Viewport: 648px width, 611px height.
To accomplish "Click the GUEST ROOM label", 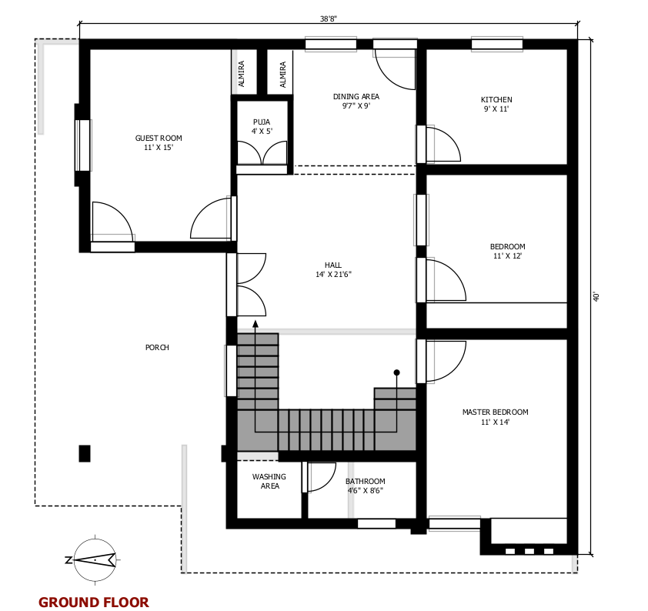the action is click(159, 138).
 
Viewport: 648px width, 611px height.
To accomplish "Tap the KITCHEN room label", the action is click(496, 99).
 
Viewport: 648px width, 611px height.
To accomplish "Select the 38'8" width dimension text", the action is click(329, 18).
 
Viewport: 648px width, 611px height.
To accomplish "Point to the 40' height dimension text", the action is click(596, 296).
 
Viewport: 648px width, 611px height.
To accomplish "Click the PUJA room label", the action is click(262, 122).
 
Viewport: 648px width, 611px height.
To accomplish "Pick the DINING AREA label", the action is click(356, 96).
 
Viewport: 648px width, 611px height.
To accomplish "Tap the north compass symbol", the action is click(95, 559).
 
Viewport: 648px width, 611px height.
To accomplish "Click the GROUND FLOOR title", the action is click(94, 602).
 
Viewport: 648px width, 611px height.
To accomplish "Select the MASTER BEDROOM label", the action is click(495, 412).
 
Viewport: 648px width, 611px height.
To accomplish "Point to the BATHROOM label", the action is click(366, 481).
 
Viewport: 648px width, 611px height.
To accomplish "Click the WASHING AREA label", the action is click(269, 481).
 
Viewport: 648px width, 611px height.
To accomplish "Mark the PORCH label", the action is click(157, 347).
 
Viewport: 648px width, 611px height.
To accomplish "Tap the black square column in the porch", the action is click(85, 453).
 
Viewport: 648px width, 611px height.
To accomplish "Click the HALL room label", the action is click(333, 265).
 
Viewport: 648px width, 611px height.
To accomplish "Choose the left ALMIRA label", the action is click(242, 74).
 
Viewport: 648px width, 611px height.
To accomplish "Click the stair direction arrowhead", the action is click(256, 324).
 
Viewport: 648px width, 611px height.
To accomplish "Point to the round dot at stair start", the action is click(397, 372).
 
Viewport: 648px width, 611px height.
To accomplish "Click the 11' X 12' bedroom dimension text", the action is click(507, 255).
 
